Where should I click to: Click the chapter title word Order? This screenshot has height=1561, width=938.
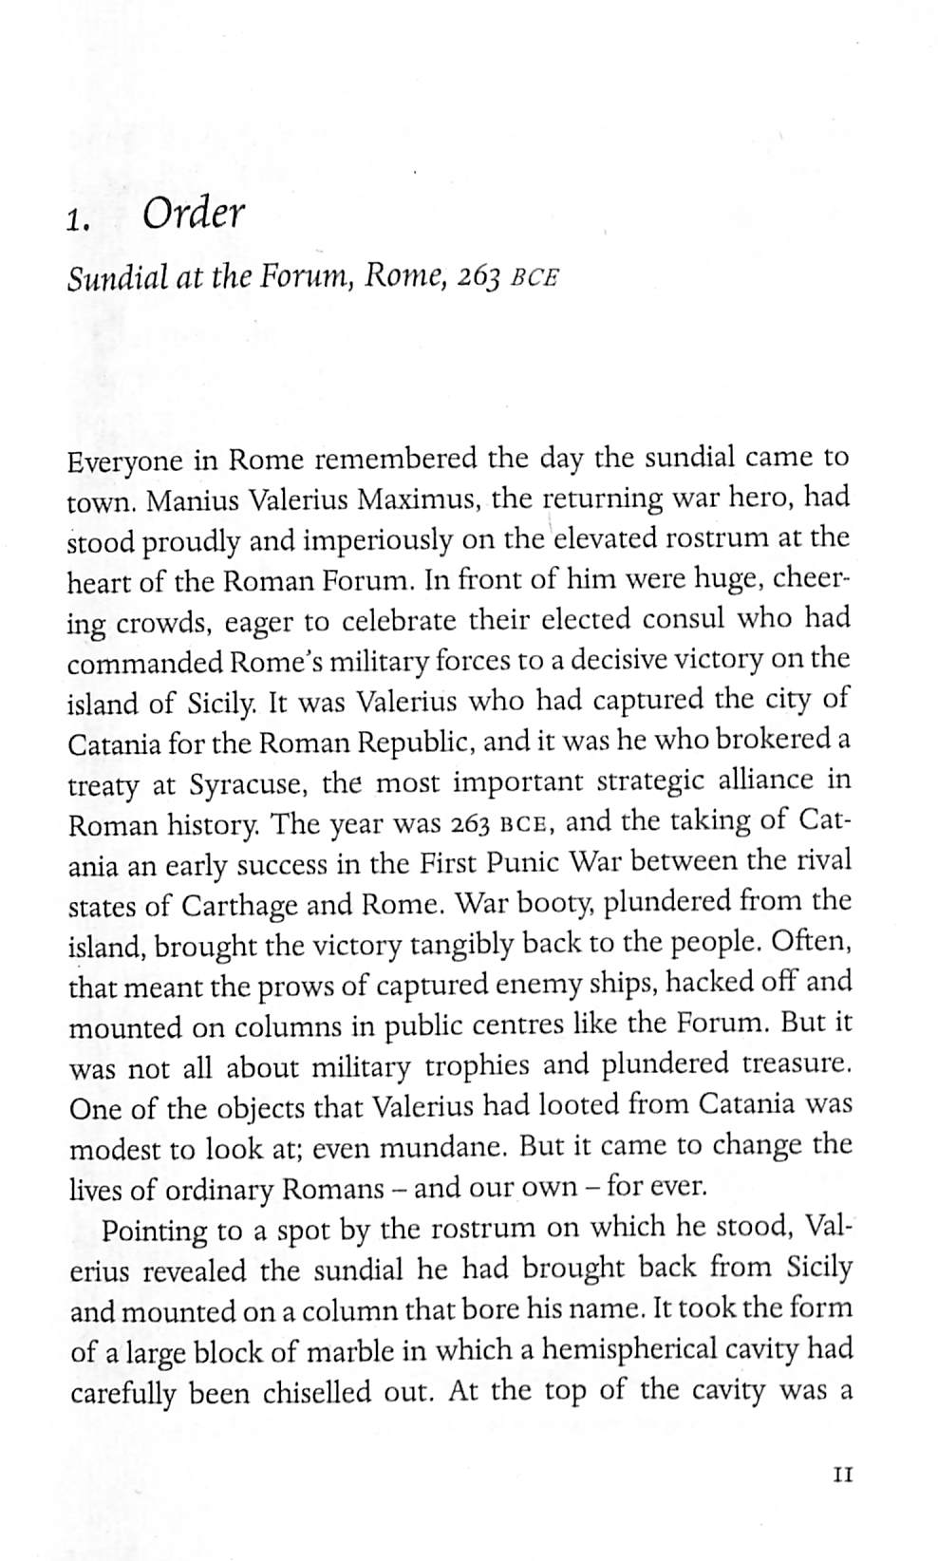click(193, 216)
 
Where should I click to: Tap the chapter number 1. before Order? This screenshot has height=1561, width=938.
click(78, 222)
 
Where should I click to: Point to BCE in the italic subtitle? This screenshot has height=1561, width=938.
click(533, 281)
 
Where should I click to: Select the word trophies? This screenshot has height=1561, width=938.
click(478, 1066)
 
